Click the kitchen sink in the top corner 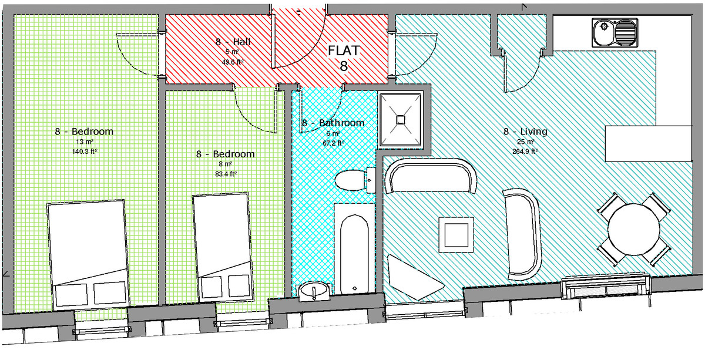click(x=615, y=33)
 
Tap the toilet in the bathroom click(x=352, y=179)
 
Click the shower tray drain click(x=401, y=119)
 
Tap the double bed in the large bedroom click(x=86, y=253)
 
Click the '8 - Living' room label click(x=525, y=132)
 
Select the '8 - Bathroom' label click(x=333, y=123)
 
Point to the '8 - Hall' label click(x=234, y=42)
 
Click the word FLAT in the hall click(x=344, y=50)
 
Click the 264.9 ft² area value click(x=525, y=150)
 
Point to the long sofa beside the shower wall click(x=431, y=177)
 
